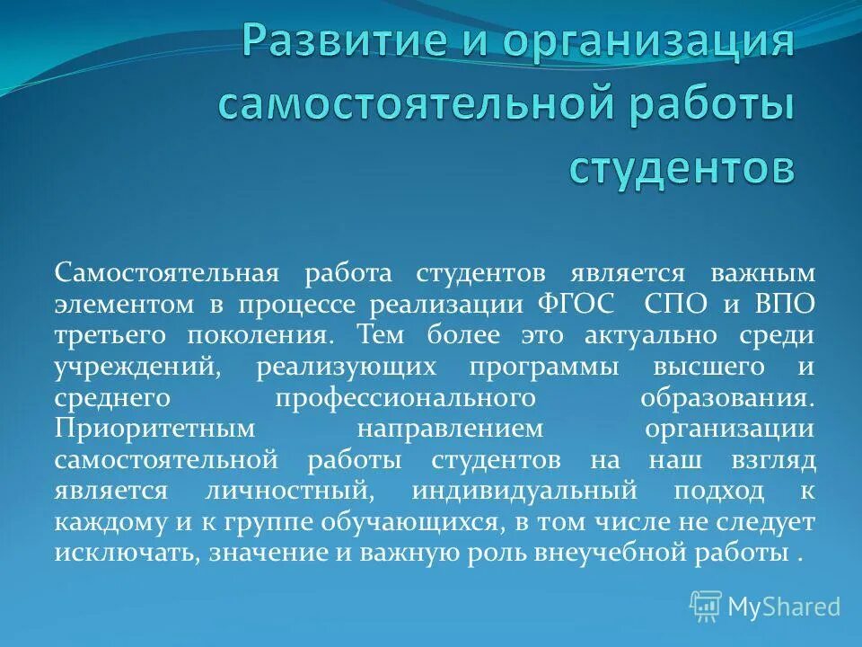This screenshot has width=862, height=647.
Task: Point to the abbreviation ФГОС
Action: (575, 305)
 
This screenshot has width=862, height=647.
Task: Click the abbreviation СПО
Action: (675, 305)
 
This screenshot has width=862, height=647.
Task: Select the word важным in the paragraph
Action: (762, 273)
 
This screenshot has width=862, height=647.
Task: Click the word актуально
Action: (651, 336)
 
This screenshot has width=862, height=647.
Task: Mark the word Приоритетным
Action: (155, 429)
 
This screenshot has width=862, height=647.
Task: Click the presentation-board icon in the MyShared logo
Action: (706, 607)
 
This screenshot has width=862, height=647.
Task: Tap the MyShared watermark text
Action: (785, 607)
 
